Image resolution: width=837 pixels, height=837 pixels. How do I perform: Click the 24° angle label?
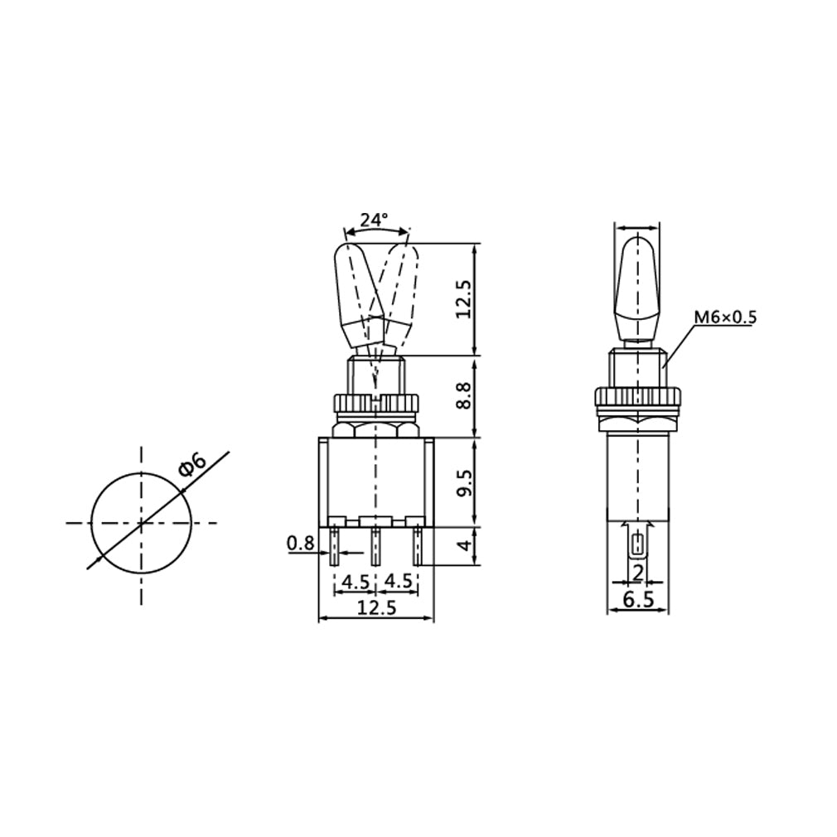[x=374, y=220]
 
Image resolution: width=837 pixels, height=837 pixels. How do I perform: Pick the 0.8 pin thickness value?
[x=300, y=544]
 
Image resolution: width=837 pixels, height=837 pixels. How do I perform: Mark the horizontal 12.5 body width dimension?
[x=375, y=607]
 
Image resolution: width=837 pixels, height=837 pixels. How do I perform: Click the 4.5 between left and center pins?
[x=356, y=581]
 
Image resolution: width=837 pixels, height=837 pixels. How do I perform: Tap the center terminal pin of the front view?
[x=375, y=547]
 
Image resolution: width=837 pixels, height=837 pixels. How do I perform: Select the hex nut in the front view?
[x=375, y=428]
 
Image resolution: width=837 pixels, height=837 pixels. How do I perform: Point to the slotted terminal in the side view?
[x=636, y=546]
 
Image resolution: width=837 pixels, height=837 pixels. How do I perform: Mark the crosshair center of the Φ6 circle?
[x=141, y=523]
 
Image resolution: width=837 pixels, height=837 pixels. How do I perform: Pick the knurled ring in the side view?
[x=636, y=398]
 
